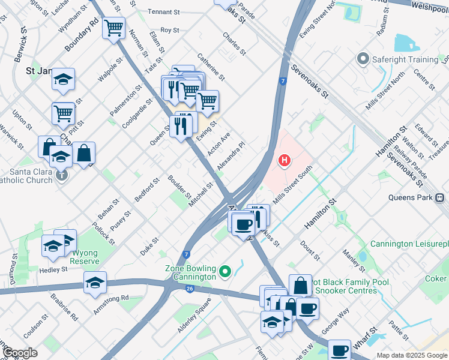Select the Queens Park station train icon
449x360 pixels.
440,197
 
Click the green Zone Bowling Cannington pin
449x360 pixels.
225,272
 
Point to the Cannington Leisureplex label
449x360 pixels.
409,244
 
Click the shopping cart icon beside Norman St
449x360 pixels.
113,27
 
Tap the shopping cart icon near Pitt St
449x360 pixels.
62,112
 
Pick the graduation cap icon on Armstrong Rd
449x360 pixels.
95,282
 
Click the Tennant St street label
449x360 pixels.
164,12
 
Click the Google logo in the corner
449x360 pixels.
20,353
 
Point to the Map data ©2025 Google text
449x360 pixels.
412,355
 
